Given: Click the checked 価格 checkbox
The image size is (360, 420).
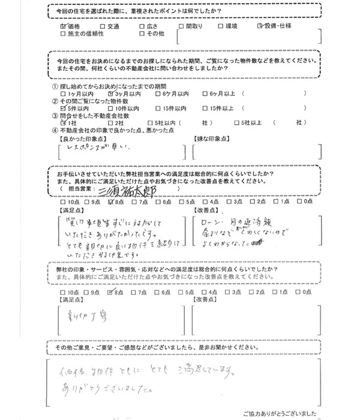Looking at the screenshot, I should click(x=64, y=27).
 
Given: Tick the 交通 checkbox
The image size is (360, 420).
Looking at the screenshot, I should click(x=103, y=27).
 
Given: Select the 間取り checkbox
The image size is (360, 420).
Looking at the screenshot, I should click(x=182, y=27).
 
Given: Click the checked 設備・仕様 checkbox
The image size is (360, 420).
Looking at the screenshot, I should click(x=260, y=27).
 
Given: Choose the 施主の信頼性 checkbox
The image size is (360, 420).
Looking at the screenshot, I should click(x=64, y=35).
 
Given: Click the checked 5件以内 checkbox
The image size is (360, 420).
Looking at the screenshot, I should click(x=64, y=108).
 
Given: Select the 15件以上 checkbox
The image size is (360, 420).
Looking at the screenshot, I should click(x=205, y=108).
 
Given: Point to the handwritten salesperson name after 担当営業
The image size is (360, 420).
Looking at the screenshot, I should click(x=129, y=189).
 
